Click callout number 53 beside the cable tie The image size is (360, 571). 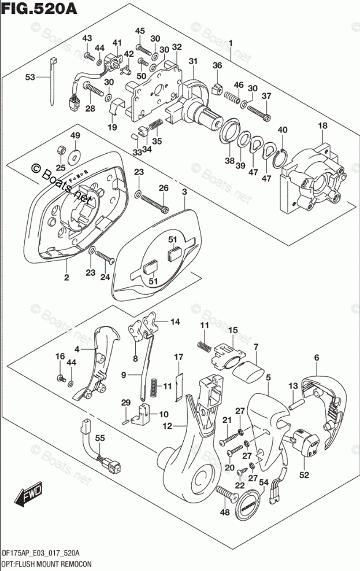30,76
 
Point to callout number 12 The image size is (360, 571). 168,427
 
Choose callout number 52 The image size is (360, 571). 304,475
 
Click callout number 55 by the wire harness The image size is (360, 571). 99,439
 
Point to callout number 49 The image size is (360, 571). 75,135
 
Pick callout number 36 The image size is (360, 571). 217,66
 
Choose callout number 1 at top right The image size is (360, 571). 231,43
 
